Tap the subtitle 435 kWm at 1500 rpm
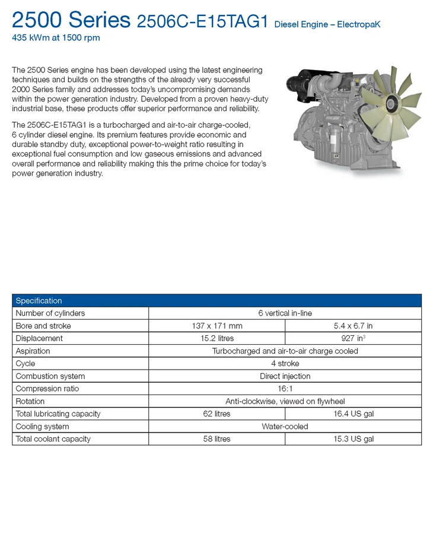[56, 38]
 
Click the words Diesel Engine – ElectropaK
[327, 24]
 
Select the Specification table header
[39, 301]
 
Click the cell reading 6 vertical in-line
[285, 313]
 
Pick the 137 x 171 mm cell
[216, 326]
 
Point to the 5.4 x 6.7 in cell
[353, 326]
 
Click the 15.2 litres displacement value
[216, 338]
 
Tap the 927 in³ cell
[353, 338]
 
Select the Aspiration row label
[33, 351]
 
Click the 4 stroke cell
[285, 363]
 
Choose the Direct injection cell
[285, 376]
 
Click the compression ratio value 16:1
[285, 389]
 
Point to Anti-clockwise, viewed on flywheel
[285, 401]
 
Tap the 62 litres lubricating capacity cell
[216, 414]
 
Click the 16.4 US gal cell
[353, 414]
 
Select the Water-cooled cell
[285, 426]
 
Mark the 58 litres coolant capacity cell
[216, 439]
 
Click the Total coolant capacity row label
[53, 439]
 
